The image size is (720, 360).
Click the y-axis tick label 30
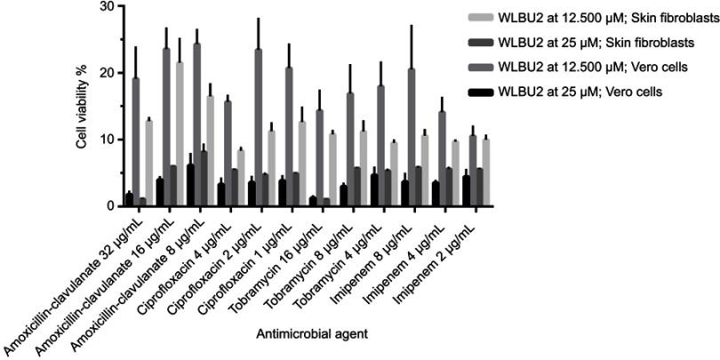tap(105, 7)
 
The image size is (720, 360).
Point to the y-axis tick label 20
tap(105, 74)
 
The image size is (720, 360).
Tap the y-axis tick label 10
tap(105, 140)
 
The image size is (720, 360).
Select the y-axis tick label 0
tap(108, 206)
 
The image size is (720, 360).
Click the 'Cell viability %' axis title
tap(81, 107)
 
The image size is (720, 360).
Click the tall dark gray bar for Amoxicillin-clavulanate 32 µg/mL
tap(136, 142)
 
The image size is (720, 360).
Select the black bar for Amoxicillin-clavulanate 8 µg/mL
tap(189, 186)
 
